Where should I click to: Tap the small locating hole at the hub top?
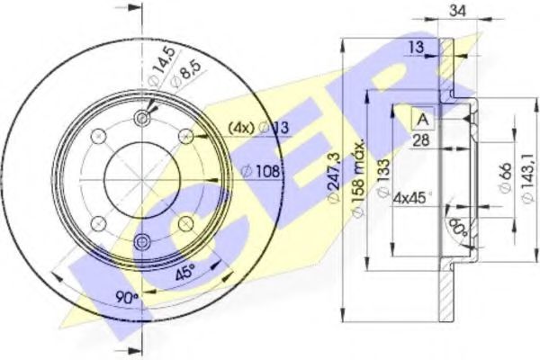141,120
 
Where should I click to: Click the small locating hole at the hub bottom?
141,239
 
